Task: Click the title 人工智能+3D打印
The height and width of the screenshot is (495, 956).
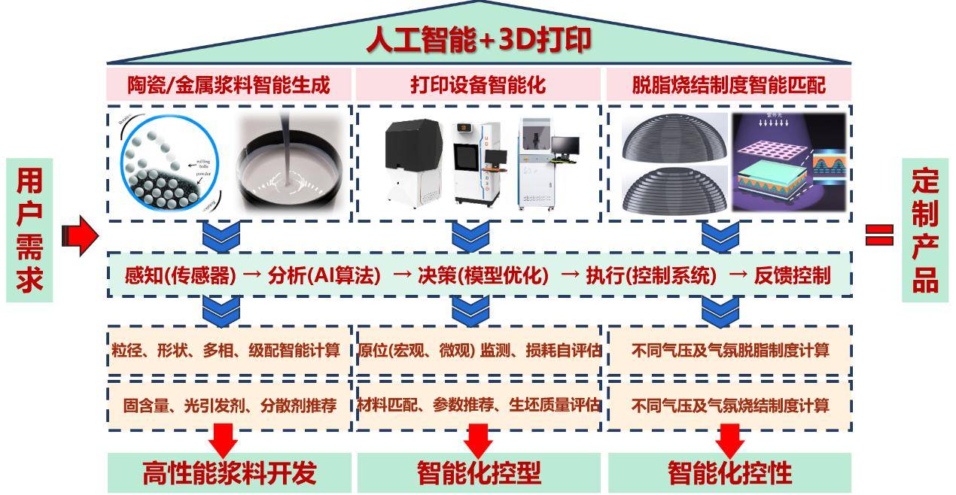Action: point(478,40)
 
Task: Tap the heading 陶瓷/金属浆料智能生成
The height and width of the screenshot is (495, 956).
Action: point(229,84)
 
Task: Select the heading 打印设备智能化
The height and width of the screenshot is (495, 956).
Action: point(478,84)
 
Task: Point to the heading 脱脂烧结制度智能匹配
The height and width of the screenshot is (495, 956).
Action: point(728,84)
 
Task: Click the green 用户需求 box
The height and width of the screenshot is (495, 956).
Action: point(29,230)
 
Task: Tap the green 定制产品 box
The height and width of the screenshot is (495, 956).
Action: point(925,230)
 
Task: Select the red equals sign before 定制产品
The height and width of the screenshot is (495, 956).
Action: point(878,236)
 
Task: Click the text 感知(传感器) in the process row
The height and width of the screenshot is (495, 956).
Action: point(180,276)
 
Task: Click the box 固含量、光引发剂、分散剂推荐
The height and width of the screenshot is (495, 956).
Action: point(229,405)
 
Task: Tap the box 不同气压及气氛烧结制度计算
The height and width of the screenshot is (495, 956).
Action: point(729,405)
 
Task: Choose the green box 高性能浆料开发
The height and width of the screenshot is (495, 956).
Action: point(229,473)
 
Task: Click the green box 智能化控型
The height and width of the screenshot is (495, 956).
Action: point(479,473)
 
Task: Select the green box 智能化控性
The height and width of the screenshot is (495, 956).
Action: point(729,473)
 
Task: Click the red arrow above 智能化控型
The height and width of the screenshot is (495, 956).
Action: point(479,439)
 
